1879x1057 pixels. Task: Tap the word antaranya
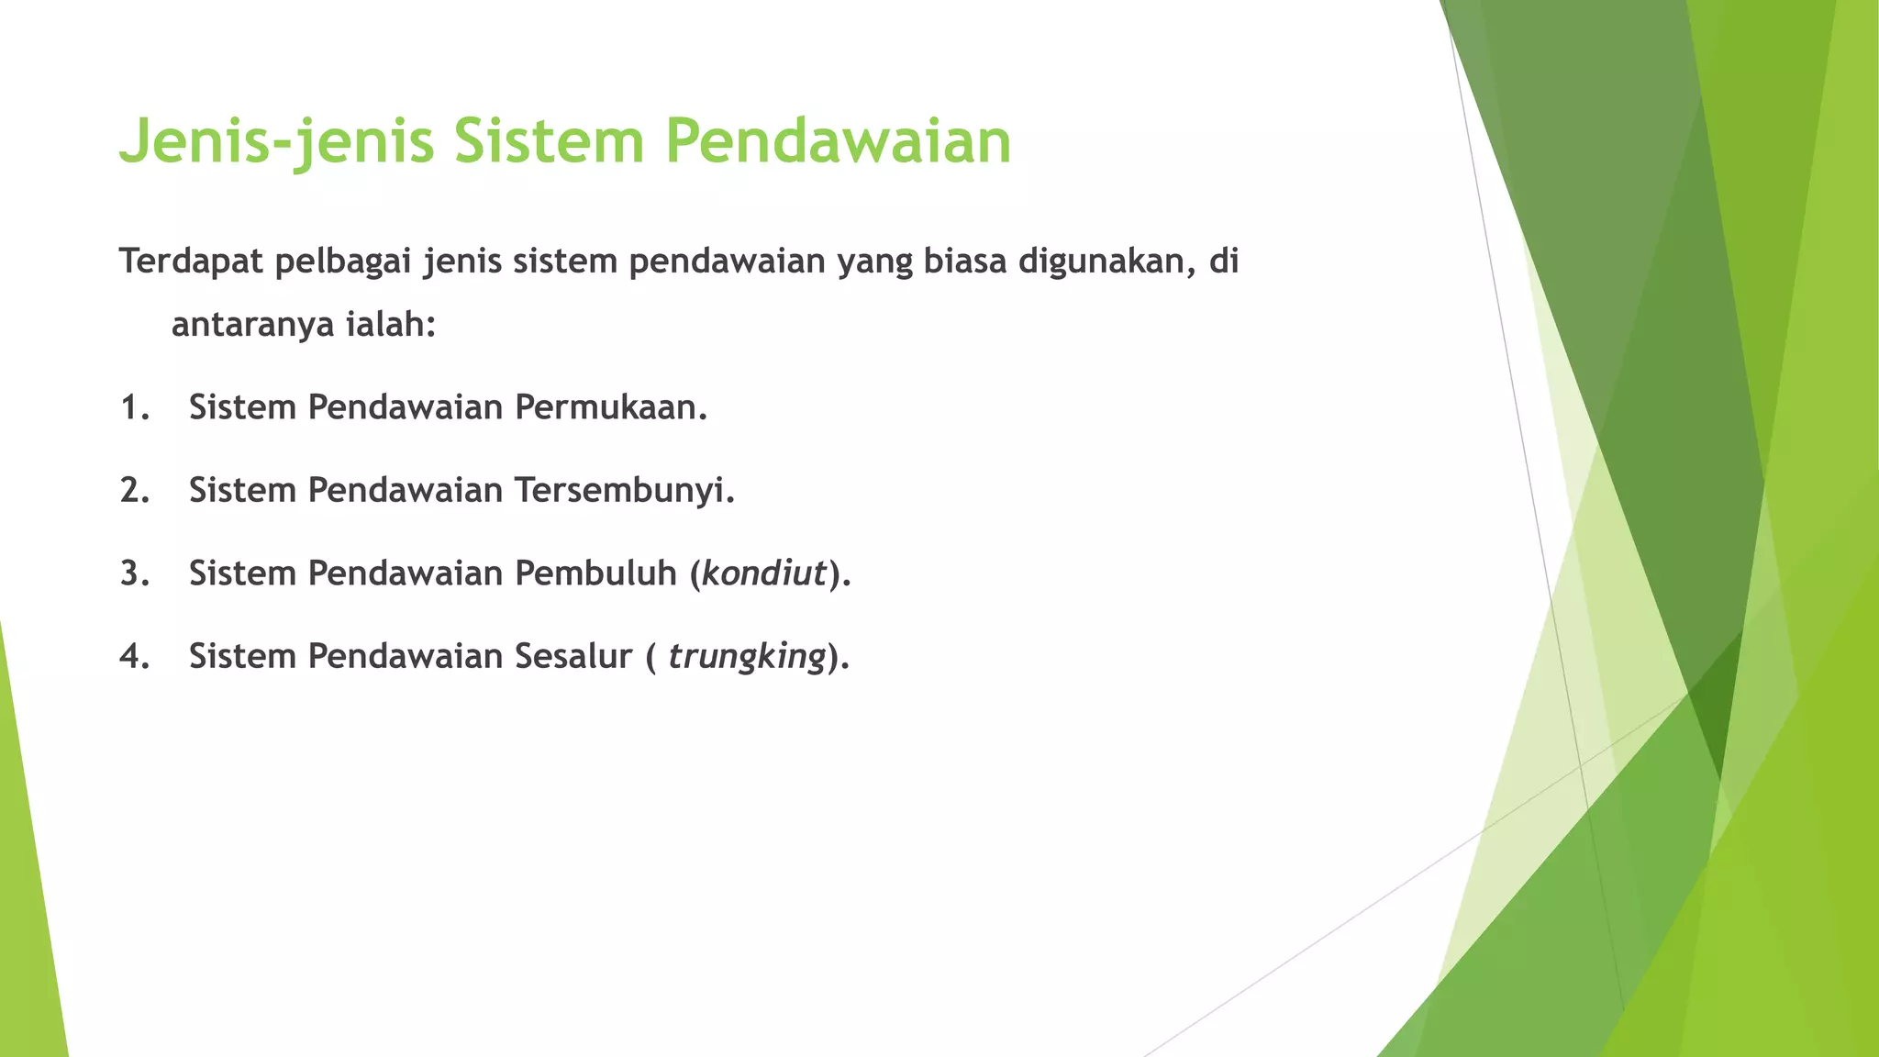click(250, 325)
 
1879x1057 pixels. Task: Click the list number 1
click(134, 407)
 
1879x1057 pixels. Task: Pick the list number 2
click(134, 491)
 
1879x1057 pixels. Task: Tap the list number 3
click(134, 573)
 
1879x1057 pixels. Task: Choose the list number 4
click(134, 657)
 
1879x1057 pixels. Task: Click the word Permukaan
click(610, 407)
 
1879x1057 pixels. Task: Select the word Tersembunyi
click(624, 491)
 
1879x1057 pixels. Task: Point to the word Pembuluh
click(595, 573)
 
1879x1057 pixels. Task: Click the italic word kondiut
click(764, 573)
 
